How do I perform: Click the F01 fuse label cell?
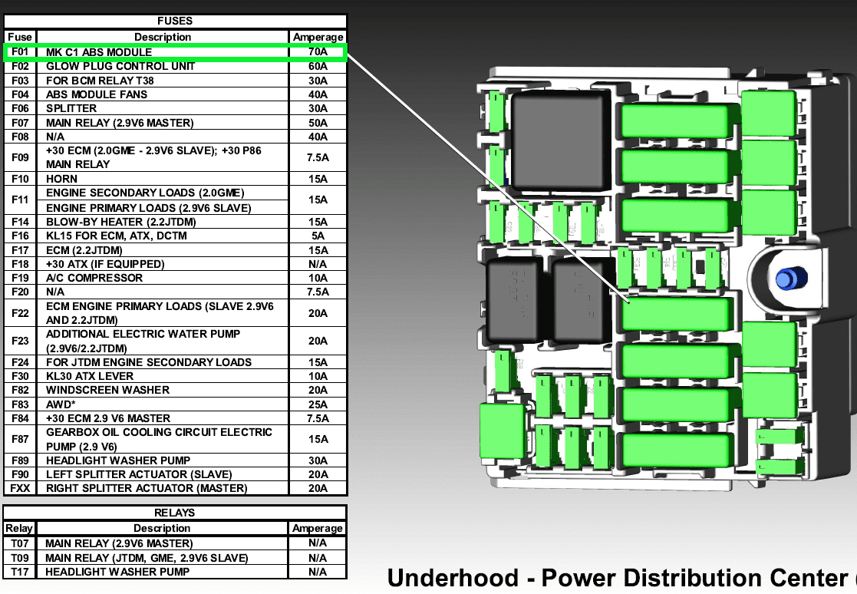pyautogui.click(x=20, y=52)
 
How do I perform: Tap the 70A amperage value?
pyautogui.click(x=318, y=52)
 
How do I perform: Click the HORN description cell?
pyautogui.click(x=62, y=179)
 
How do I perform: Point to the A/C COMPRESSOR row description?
pyautogui.click(x=94, y=278)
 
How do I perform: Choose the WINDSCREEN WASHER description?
pyautogui.click(x=108, y=390)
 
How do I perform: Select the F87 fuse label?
pyautogui.click(x=20, y=439)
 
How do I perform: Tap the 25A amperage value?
pyautogui.click(x=318, y=404)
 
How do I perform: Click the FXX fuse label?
pyautogui.click(x=20, y=488)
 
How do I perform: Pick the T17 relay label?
pyautogui.click(x=19, y=572)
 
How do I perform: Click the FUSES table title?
pyautogui.click(x=176, y=21)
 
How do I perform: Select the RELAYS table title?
pyautogui.click(x=176, y=513)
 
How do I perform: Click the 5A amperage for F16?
pyautogui.click(x=318, y=236)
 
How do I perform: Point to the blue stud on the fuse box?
pyautogui.click(x=786, y=279)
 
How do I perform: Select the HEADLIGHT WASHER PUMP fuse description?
pyautogui.click(x=118, y=460)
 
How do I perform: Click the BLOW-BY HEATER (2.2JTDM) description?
pyautogui.click(x=121, y=222)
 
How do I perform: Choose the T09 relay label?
pyautogui.click(x=19, y=558)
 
